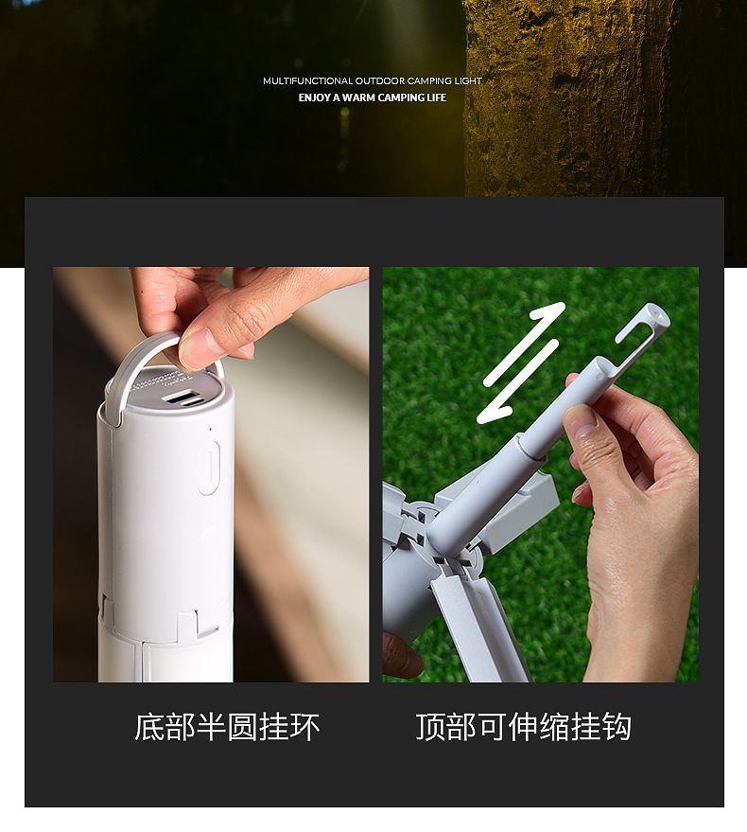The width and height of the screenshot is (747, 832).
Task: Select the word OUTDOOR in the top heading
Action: (x=380, y=81)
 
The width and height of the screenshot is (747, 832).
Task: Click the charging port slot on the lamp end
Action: (x=182, y=398)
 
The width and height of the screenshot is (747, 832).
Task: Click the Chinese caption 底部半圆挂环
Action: (x=227, y=727)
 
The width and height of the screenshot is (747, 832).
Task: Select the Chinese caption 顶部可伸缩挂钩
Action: (x=523, y=727)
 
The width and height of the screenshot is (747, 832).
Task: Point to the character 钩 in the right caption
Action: (x=616, y=727)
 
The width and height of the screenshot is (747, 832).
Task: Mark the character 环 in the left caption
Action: (x=304, y=727)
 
